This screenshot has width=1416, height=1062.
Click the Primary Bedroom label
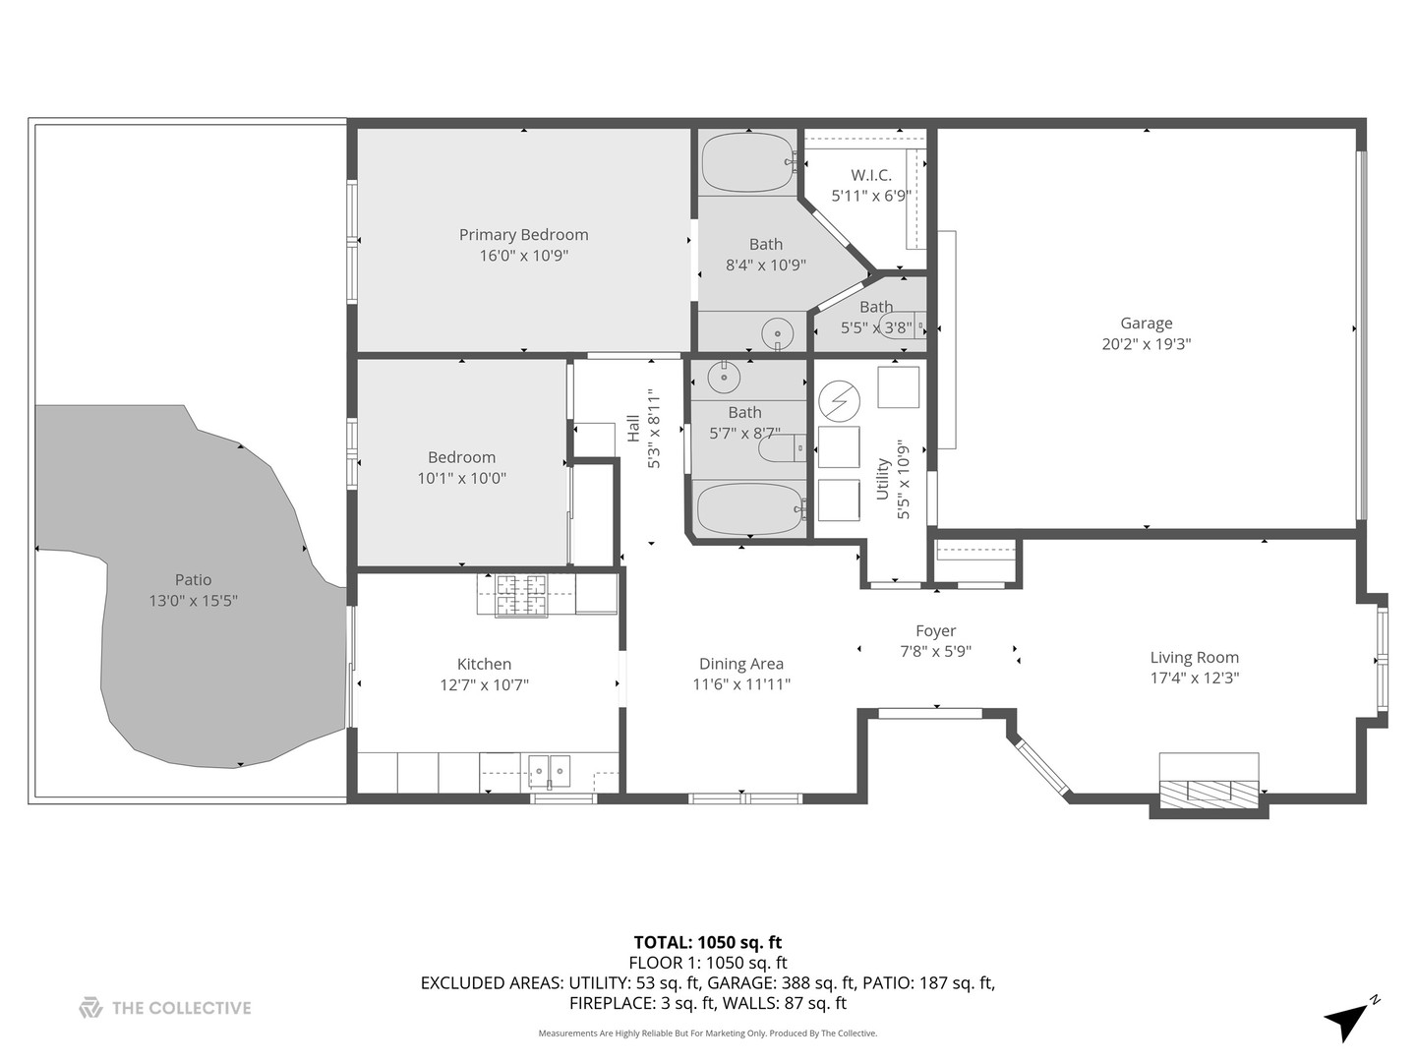pyautogui.click(x=523, y=234)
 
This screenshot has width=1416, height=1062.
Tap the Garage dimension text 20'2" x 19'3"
pyautogui.click(x=1146, y=344)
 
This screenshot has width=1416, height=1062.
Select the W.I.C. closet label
pyautogui.click(x=870, y=175)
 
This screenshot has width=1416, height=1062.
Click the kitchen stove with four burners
pyautogui.click(x=511, y=595)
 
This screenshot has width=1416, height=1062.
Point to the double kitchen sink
pyautogui.click(x=549, y=772)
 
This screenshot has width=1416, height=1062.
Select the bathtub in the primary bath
pyautogui.click(x=747, y=163)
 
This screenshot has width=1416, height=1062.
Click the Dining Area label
pyautogui.click(x=740, y=664)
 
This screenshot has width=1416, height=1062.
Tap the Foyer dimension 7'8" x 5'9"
pyautogui.click(x=935, y=651)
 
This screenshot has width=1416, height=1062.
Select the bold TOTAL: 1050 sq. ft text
pyautogui.click(x=707, y=942)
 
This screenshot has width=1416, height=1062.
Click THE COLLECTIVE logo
pyautogui.click(x=164, y=1007)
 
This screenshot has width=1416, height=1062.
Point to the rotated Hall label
pyautogui.click(x=633, y=428)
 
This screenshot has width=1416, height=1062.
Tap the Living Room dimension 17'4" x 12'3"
pyautogui.click(x=1194, y=678)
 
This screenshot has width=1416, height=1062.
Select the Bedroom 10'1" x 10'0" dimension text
pyautogui.click(x=461, y=478)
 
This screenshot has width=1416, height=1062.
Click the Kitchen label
pyautogui.click(x=484, y=664)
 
